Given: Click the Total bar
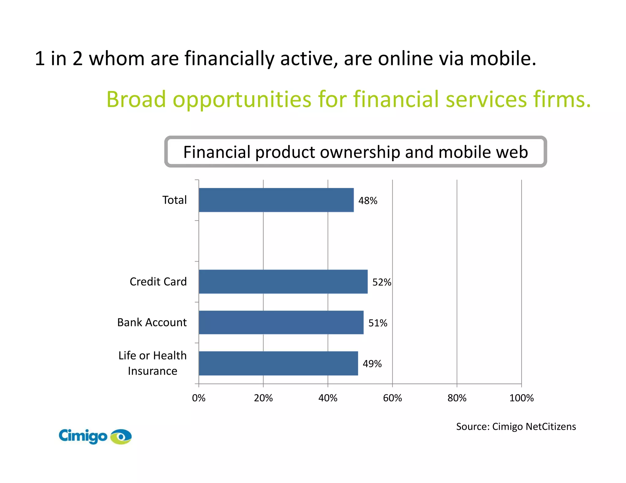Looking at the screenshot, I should pyautogui.click(x=276, y=200).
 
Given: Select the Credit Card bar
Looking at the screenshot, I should pyautogui.click(x=283, y=281).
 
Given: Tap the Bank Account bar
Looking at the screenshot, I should pyautogui.click(x=281, y=322).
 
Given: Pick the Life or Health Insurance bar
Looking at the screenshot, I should pyautogui.click(x=278, y=363).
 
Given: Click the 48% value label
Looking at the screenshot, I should pyautogui.click(x=368, y=201).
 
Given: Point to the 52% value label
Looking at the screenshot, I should pyautogui.click(x=381, y=282).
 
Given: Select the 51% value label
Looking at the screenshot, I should pyautogui.click(x=378, y=323).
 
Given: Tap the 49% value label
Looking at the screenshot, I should pyautogui.click(x=372, y=364).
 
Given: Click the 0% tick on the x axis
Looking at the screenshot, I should pyautogui.click(x=199, y=398).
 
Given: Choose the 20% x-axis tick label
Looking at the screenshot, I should pyautogui.click(x=263, y=398).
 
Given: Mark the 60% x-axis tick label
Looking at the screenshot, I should pyautogui.click(x=392, y=398).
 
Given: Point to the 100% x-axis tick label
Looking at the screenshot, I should pyautogui.click(x=521, y=398).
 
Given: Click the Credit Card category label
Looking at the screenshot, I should pyautogui.click(x=158, y=281).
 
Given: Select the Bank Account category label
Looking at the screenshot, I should pyautogui.click(x=152, y=322).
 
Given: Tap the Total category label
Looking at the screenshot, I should pyautogui.click(x=174, y=200).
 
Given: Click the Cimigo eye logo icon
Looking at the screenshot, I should pyautogui.click(x=121, y=436).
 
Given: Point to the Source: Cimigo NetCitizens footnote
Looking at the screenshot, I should pyautogui.click(x=516, y=427).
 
